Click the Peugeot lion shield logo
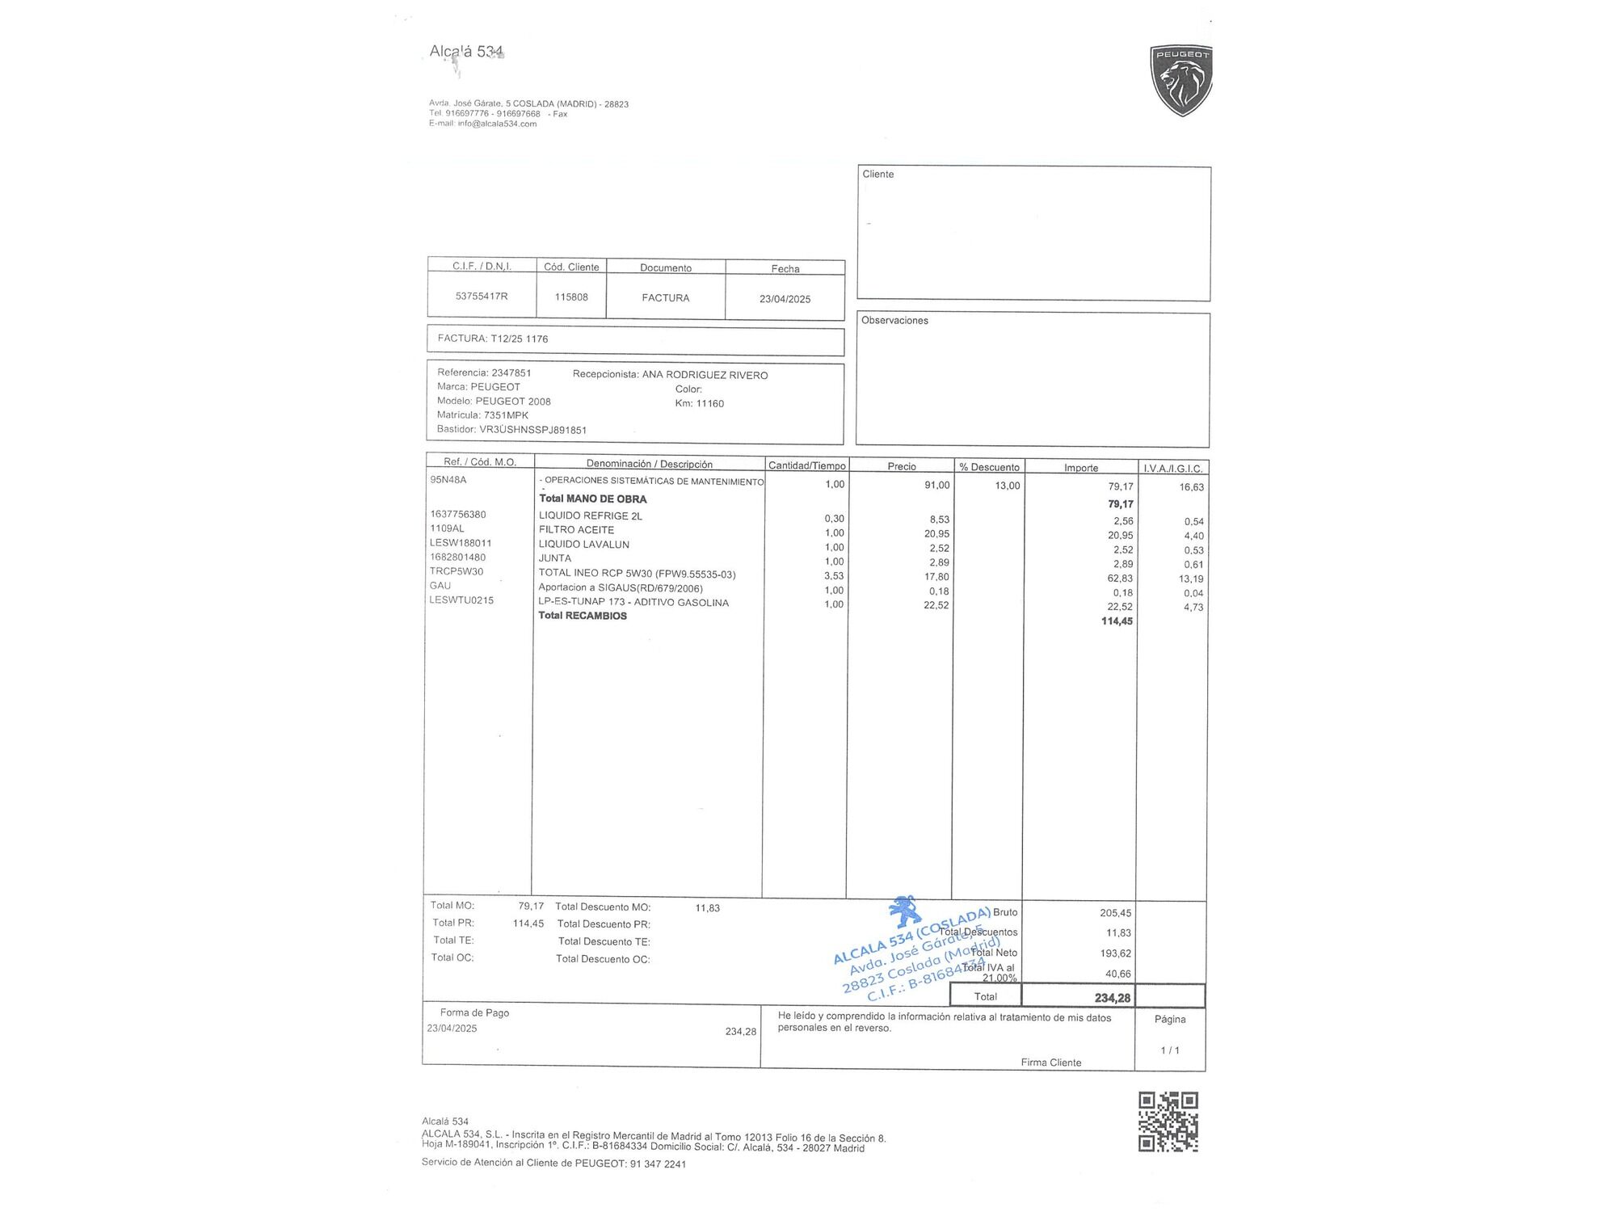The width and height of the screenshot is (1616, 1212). [x=1181, y=81]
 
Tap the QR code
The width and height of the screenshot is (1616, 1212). [x=1168, y=1122]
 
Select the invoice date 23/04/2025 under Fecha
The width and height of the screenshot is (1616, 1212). [x=785, y=299]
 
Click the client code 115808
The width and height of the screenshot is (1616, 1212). [x=571, y=297]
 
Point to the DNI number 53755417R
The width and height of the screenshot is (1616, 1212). [x=482, y=297]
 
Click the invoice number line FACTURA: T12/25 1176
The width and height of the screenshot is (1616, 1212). [x=493, y=339]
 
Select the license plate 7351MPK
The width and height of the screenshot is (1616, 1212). [x=506, y=415]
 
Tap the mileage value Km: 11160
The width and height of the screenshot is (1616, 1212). [x=700, y=404]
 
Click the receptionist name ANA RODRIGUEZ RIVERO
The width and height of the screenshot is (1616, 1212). [x=705, y=375]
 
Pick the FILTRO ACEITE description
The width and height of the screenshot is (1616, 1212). [x=576, y=530]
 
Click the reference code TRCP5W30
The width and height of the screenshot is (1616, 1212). [x=457, y=571]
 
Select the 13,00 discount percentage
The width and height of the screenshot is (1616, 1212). [x=1008, y=486]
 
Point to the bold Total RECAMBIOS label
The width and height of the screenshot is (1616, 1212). [x=583, y=616]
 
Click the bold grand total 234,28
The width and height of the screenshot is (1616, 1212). [x=1113, y=998]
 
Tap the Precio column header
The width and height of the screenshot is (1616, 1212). [x=902, y=466]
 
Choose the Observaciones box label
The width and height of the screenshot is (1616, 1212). [x=894, y=321]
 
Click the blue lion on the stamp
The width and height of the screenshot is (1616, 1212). [x=904, y=911]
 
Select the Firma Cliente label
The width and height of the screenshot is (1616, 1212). [x=1050, y=1063]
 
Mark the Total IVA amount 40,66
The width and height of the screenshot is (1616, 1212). [x=1118, y=974]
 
